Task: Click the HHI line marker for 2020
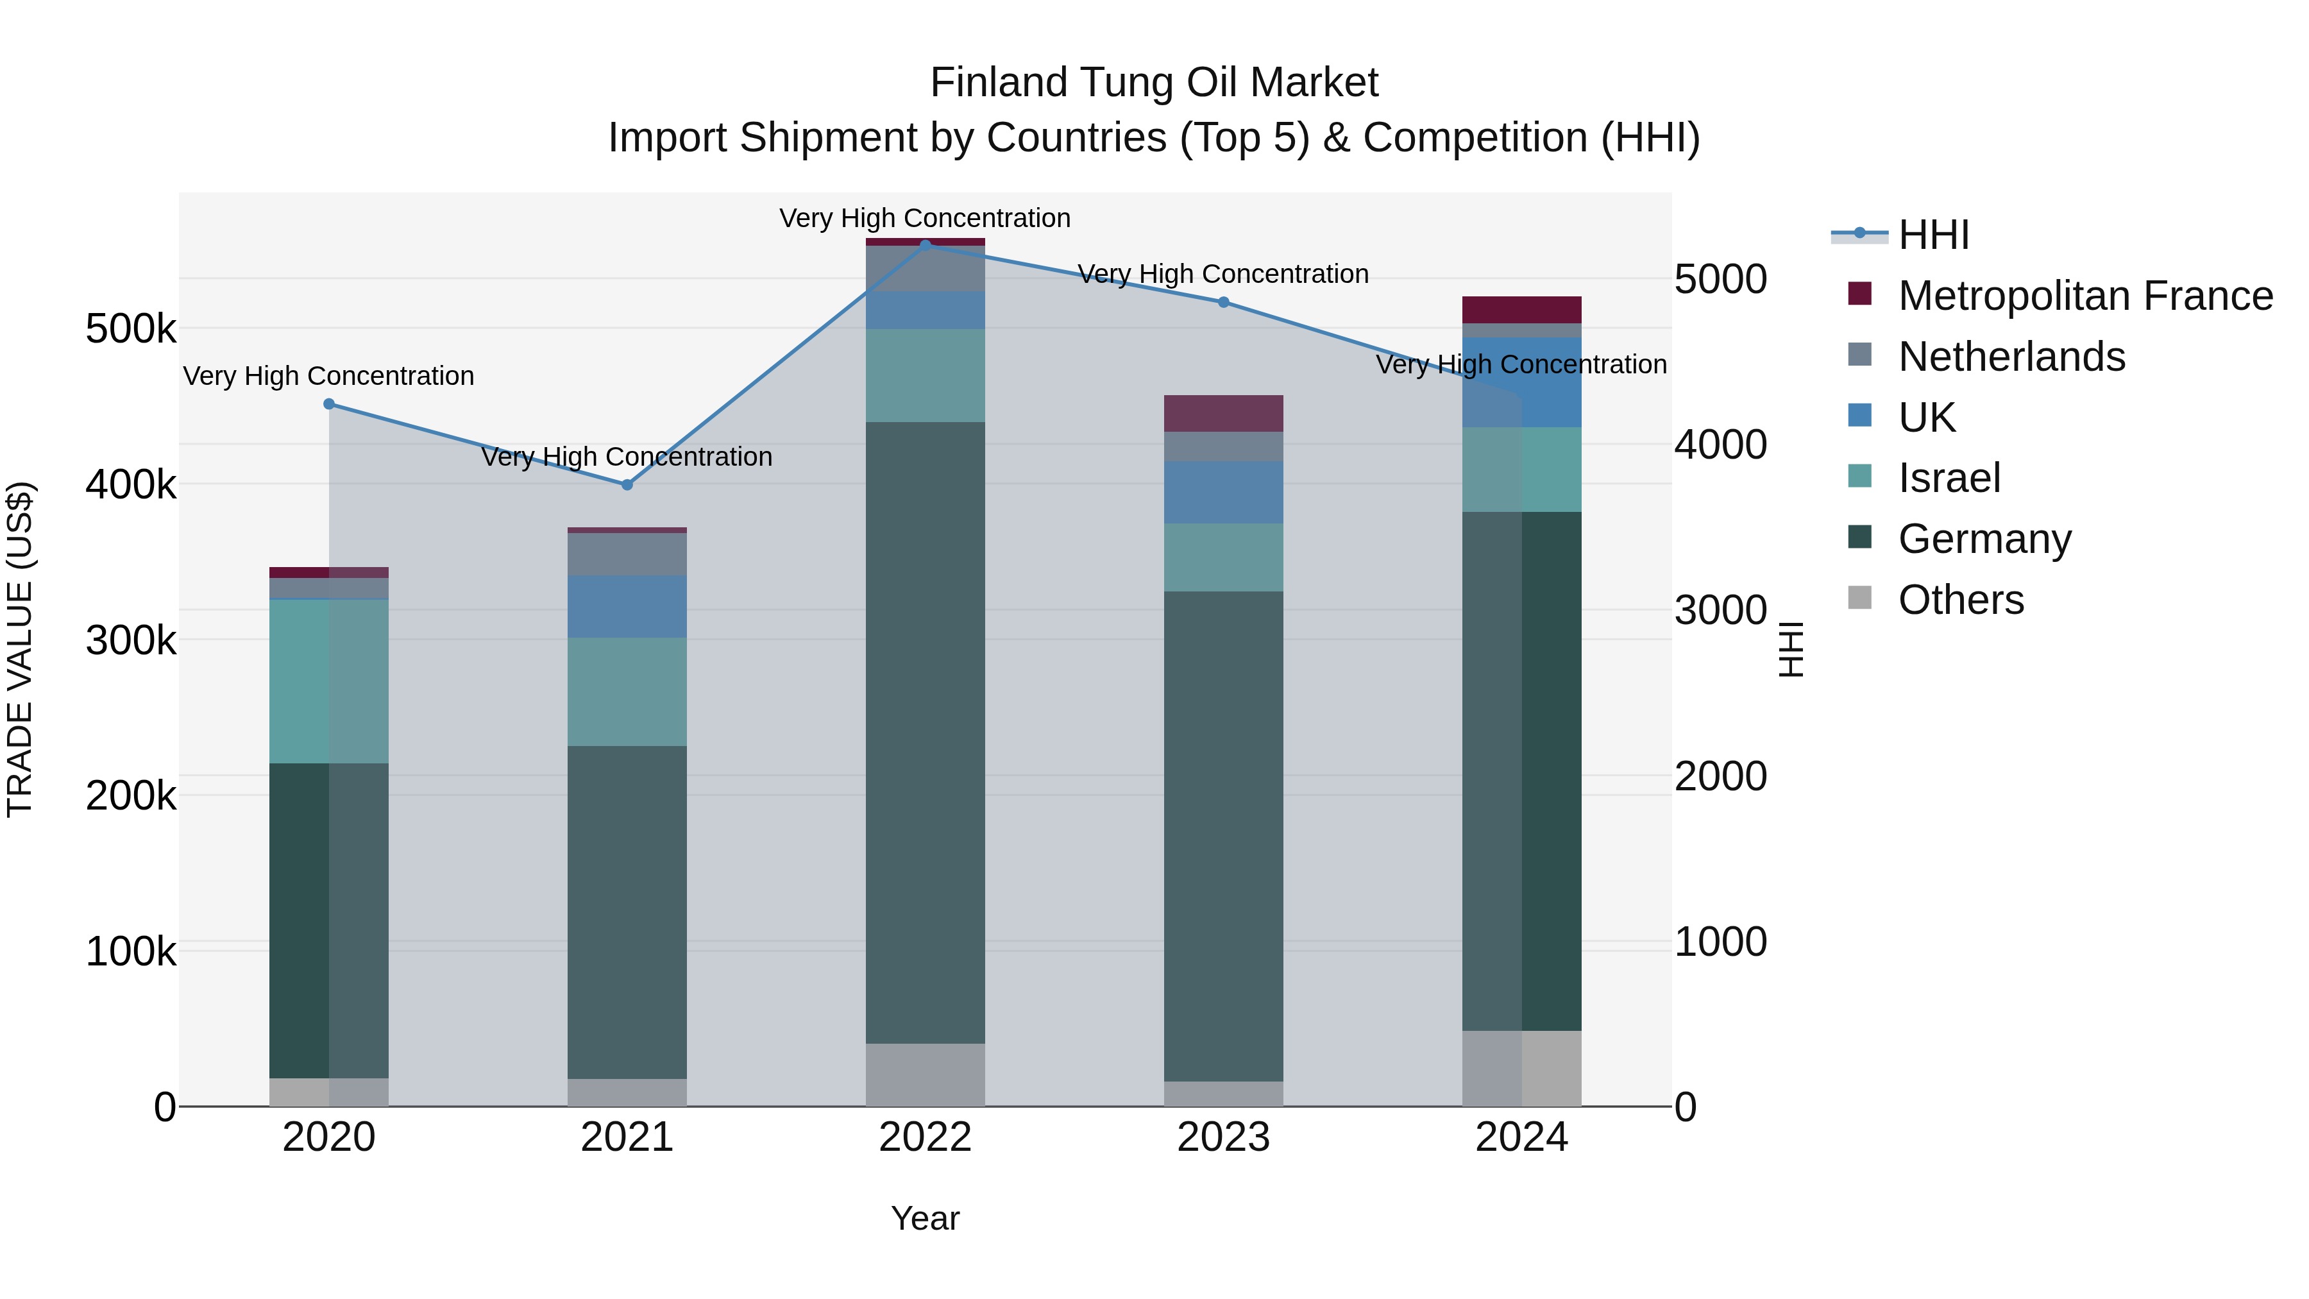[329, 404]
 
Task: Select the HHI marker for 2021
[627, 485]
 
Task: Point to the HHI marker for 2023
[1224, 302]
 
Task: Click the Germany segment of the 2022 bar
[925, 731]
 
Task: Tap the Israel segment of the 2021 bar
[627, 691]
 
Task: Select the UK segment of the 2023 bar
[1224, 492]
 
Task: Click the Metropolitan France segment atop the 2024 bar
[1521, 309]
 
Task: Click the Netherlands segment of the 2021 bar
[627, 554]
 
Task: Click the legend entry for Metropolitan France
[2085, 296]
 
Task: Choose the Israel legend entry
[1949, 478]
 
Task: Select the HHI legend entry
[1933, 235]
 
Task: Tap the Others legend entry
[1960, 600]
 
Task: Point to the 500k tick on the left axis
[131, 329]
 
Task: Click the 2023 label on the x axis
[1224, 1137]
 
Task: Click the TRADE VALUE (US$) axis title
[20, 649]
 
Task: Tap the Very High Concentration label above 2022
[925, 218]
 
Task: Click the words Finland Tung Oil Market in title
[1154, 83]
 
